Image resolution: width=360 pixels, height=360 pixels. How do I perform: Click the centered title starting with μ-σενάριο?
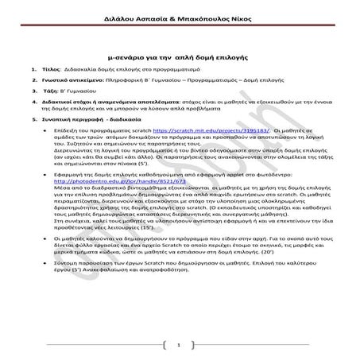(x=179, y=58)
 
